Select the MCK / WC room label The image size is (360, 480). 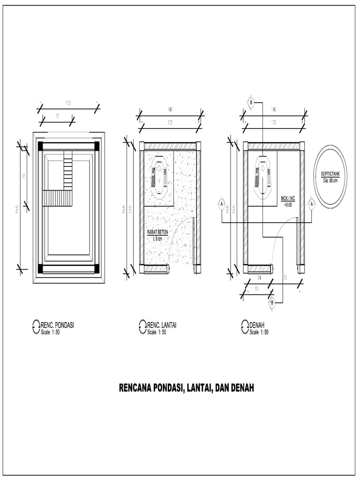tap(288, 199)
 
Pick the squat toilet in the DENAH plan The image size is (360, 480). tap(263, 178)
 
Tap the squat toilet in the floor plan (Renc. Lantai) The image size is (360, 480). tap(159, 178)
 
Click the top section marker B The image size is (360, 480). tap(251, 102)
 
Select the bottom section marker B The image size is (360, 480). tap(272, 303)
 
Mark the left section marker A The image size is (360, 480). tap(221, 204)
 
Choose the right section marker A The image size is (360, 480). tap(311, 204)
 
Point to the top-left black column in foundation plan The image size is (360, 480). tap(41, 145)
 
